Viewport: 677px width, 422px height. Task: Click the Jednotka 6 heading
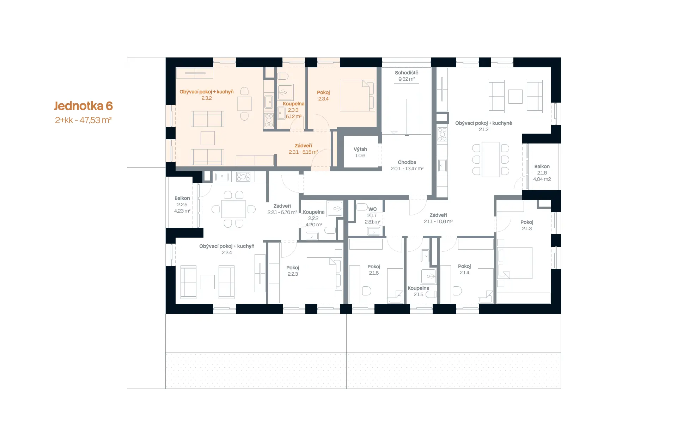[x=83, y=106]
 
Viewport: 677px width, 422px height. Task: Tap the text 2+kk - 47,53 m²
[x=83, y=120]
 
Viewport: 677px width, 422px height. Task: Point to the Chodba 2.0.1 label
[x=407, y=165]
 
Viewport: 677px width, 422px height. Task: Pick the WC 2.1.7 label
[x=372, y=215]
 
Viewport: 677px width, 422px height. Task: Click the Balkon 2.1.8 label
[x=542, y=173]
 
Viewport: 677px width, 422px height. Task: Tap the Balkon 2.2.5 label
[x=182, y=204]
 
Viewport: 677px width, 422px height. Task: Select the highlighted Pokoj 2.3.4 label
[x=323, y=96]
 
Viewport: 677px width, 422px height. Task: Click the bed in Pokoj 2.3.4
[x=357, y=96]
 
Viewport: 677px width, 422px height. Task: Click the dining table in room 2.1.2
[x=490, y=159]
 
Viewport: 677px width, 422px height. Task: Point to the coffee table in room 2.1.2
[x=515, y=96]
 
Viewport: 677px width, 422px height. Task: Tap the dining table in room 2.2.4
[x=233, y=209]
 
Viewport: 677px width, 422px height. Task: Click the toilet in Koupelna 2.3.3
[x=282, y=76]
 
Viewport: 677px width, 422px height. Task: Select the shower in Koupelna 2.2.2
[x=335, y=209]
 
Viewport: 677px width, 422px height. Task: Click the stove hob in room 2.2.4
[x=243, y=177]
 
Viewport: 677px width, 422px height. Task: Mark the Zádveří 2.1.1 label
[x=438, y=218]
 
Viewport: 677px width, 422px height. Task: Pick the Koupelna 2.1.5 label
[x=419, y=291]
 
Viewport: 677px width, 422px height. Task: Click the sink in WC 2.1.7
[x=373, y=231]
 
